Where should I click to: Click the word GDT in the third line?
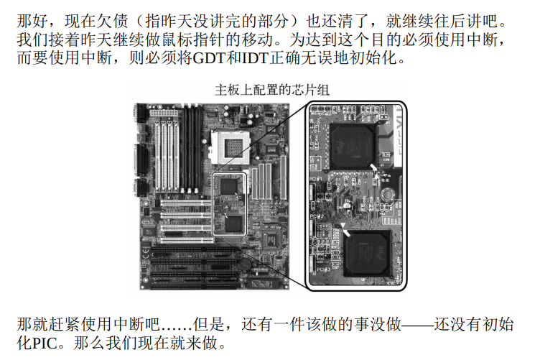pos(209,57)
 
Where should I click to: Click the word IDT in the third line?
pos(254,57)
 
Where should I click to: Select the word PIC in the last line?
pos(45,343)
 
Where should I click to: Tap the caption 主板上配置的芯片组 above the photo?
pos(272,91)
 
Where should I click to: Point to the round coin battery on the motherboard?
pos(245,264)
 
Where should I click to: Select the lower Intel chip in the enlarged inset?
pos(368,253)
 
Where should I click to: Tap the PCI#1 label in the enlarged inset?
pos(316,179)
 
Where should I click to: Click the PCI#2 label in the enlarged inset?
pos(317,217)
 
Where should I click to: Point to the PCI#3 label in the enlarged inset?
pos(323,269)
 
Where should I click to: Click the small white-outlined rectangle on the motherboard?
pos(229,204)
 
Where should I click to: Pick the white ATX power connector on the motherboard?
pos(164,113)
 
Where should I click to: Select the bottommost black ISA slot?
pos(194,285)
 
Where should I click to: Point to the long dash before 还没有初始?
pos(417,325)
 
